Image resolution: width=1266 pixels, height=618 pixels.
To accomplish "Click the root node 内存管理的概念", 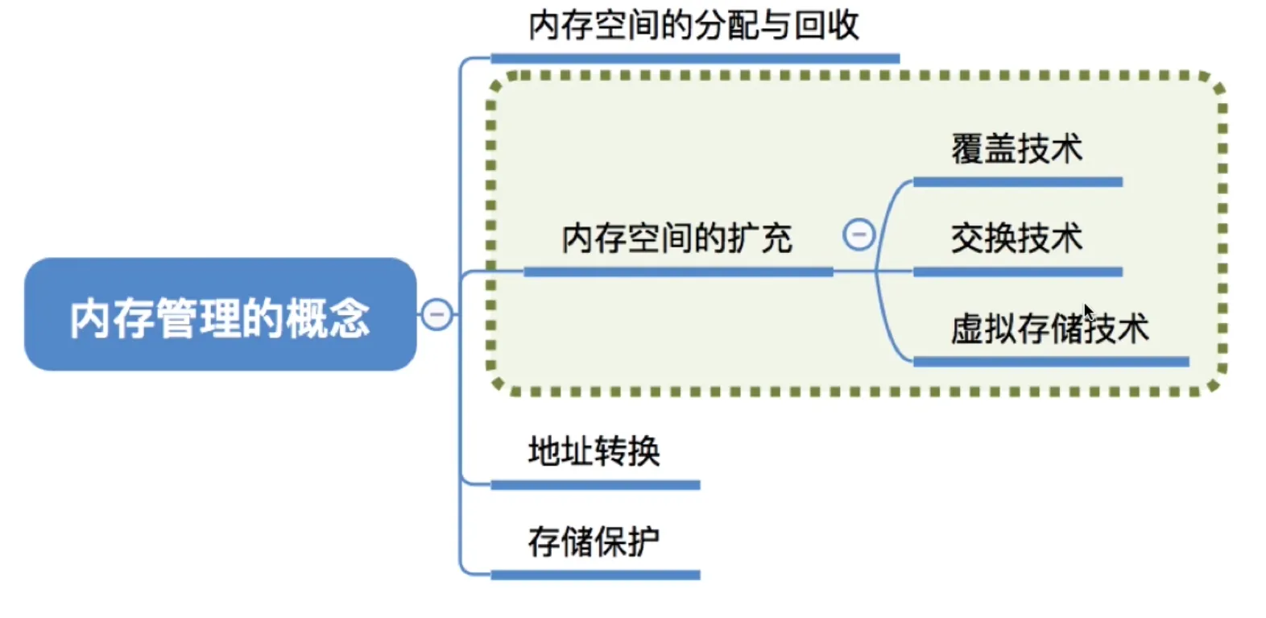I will [x=220, y=315].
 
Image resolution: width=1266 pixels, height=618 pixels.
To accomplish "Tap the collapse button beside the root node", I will [x=437, y=314].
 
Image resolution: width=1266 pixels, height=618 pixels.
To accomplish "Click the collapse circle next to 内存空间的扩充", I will [x=858, y=234].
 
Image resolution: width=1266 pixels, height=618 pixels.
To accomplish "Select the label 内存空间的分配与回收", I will [x=693, y=25].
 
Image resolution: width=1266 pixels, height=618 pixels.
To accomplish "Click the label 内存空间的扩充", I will [x=676, y=238].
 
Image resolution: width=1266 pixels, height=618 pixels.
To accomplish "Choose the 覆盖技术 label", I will [x=1016, y=149].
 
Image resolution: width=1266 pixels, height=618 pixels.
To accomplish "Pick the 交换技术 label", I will [x=1016, y=238].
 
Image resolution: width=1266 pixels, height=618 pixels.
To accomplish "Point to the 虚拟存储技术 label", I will [x=1049, y=328].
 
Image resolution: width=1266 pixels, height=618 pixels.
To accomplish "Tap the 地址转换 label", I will [x=594, y=451].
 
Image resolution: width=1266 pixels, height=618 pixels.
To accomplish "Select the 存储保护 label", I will [x=594, y=541].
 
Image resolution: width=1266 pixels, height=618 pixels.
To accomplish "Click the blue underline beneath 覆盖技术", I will [x=1017, y=182].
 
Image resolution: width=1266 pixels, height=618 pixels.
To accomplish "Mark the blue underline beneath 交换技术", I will [x=1017, y=272].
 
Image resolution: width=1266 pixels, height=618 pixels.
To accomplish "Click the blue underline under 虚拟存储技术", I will [x=1050, y=362].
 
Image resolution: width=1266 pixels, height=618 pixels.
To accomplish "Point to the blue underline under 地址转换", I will [x=595, y=485].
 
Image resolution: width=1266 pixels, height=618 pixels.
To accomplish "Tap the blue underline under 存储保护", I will [x=595, y=575].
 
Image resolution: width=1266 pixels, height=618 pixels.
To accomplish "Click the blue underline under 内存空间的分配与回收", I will [x=694, y=58].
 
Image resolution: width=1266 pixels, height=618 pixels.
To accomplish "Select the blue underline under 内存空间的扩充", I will [x=677, y=272].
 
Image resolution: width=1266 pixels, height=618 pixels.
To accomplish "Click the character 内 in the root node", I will [x=89, y=318].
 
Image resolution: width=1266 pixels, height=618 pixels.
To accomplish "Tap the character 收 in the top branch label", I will [x=843, y=25].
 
